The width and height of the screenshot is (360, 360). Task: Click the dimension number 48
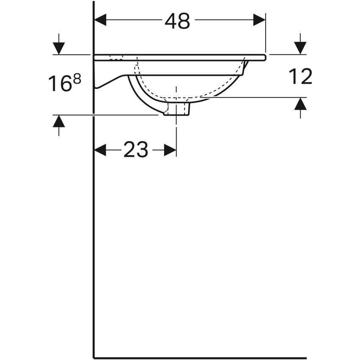[177, 21]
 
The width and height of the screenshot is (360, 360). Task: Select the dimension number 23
[136, 150]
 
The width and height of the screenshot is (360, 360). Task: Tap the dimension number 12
[300, 77]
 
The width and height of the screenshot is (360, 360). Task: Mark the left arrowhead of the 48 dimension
[100, 19]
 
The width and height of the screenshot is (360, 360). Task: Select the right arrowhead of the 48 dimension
[259, 19]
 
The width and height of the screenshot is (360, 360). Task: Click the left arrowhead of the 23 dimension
[100, 150]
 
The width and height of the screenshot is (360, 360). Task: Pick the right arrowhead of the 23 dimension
[170, 150]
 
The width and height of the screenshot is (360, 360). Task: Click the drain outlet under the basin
[177, 109]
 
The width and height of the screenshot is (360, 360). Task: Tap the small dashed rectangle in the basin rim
[116, 58]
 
